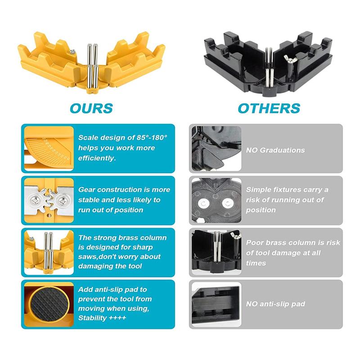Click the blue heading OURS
click(x=91, y=108)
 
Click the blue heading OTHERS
click(x=269, y=108)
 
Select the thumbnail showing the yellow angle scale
click(x=49, y=148)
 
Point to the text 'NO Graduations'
click(x=275, y=150)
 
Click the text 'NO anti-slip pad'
click(x=275, y=304)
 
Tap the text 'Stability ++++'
click(x=102, y=318)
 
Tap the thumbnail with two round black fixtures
click(x=216, y=200)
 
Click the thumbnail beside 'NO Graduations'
click(x=216, y=148)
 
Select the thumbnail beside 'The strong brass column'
click(x=49, y=252)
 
